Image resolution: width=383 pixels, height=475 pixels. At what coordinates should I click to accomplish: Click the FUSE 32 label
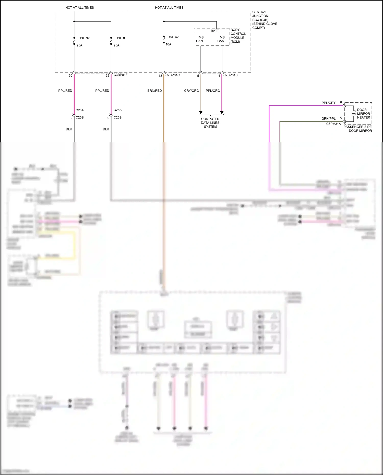(83, 38)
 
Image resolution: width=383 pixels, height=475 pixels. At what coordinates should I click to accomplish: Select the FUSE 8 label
(119, 38)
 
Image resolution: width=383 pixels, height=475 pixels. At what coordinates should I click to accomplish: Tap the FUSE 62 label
(172, 37)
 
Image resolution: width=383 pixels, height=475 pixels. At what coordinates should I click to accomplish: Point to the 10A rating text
(168, 44)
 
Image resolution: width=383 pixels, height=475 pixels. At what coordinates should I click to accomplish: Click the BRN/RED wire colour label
(154, 91)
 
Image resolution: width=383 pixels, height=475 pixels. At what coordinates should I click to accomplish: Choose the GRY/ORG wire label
(191, 91)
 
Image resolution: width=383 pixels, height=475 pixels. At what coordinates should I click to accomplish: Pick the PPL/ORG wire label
(213, 91)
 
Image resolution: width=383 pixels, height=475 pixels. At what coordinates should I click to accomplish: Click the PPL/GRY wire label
(328, 103)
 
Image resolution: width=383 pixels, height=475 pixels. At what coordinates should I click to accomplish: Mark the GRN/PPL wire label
(328, 119)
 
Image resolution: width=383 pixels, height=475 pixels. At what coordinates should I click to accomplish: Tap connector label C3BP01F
(120, 75)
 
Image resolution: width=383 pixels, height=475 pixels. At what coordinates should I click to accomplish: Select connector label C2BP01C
(172, 75)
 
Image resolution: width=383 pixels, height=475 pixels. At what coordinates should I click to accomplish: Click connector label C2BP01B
(230, 75)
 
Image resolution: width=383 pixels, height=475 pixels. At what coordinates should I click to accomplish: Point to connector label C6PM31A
(333, 124)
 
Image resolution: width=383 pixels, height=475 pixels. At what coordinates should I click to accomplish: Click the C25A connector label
(80, 110)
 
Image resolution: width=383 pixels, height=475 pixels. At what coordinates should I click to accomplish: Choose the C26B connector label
(117, 118)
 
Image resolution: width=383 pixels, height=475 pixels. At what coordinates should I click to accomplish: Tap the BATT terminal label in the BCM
(215, 31)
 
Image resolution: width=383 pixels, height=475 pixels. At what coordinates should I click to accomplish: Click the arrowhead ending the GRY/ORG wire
(201, 113)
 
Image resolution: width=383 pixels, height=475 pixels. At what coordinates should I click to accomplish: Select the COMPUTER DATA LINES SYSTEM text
(210, 123)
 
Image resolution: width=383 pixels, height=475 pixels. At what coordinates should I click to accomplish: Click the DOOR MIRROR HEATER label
(363, 114)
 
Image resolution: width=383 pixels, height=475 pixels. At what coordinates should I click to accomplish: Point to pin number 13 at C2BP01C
(160, 76)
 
